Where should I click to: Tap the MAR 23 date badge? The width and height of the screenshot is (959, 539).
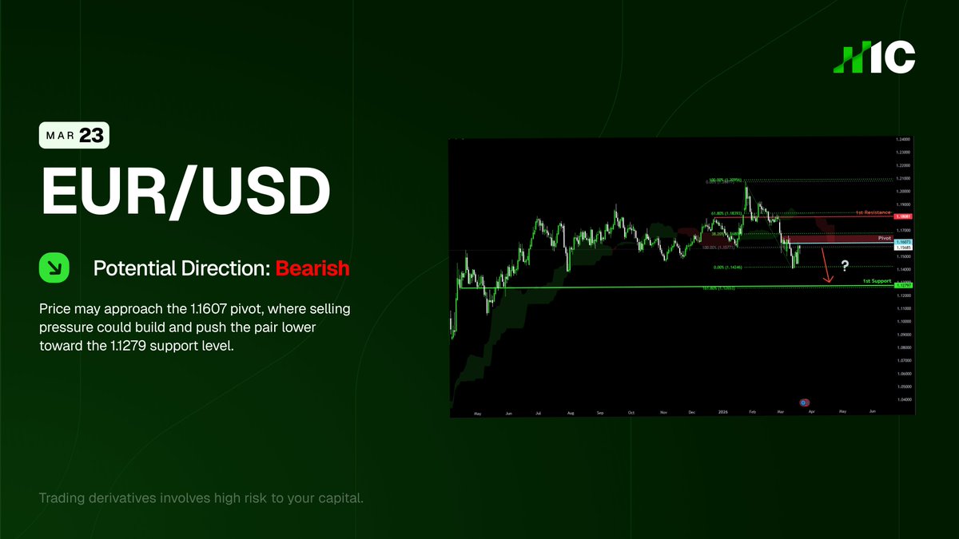coord(74,136)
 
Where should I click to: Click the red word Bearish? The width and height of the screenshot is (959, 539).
coord(312,268)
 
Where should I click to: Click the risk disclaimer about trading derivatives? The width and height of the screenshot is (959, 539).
coord(201,499)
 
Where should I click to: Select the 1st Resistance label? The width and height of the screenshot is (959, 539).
coord(873,213)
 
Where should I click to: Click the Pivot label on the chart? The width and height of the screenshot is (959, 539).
coord(884,238)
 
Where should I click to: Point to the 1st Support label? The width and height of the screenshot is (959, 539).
coord(877,282)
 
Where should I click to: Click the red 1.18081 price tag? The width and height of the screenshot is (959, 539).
coord(903,216)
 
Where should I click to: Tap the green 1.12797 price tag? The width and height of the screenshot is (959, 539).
coord(903,285)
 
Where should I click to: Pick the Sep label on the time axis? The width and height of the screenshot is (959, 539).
coord(599,413)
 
